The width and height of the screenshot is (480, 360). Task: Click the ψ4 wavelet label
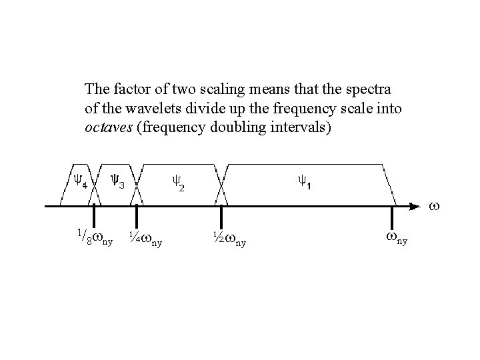click(x=80, y=181)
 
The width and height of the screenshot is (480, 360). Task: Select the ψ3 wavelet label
click(x=117, y=181)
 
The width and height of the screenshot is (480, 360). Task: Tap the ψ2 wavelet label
click(x=178, y=182)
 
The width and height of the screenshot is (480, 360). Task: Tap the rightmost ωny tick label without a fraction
click(x=396, y=237)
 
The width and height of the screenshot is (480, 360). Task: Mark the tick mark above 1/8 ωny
click(x=94, y=216)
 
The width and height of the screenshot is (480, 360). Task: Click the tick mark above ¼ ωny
click(x=137, y=216)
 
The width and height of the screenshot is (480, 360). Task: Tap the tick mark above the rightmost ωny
click(x=392, y=216)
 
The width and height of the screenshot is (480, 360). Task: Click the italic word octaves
click(x=109, y=127)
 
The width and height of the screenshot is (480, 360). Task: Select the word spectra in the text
click(x=371, y=89)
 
